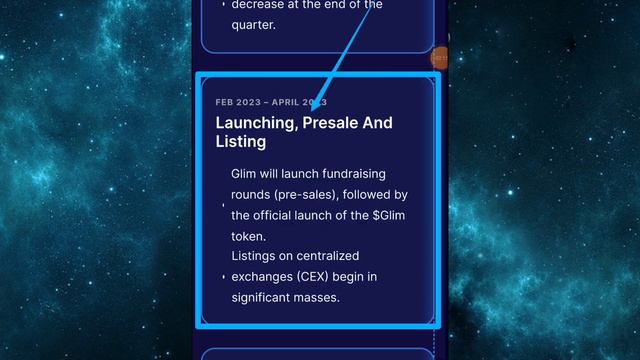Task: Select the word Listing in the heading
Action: click(240, 142)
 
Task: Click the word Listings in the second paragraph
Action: click(256, 256)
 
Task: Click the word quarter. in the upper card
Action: click(254, 25)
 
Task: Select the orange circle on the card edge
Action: click(438, 58)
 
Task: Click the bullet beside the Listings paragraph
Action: click(223, 277)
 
